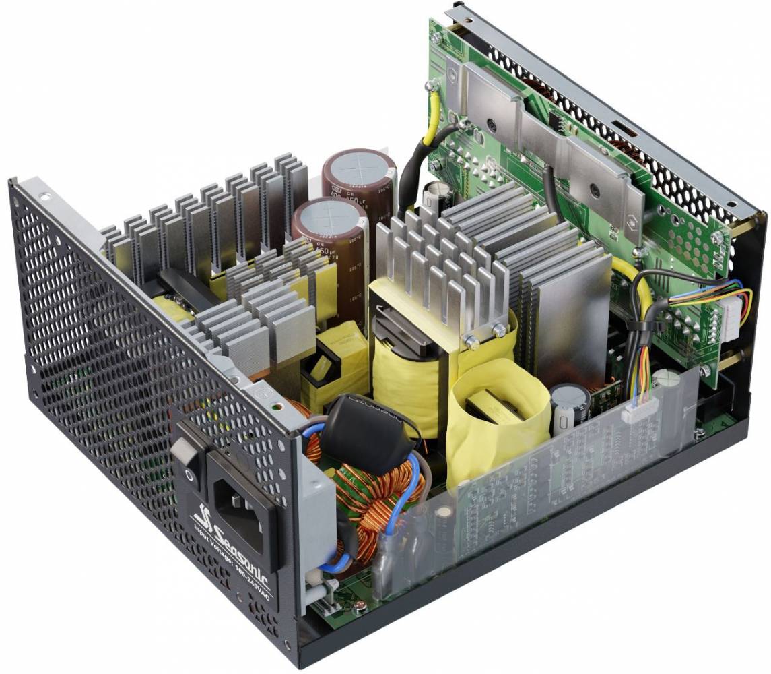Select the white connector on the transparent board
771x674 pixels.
click(x=635, y=412)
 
